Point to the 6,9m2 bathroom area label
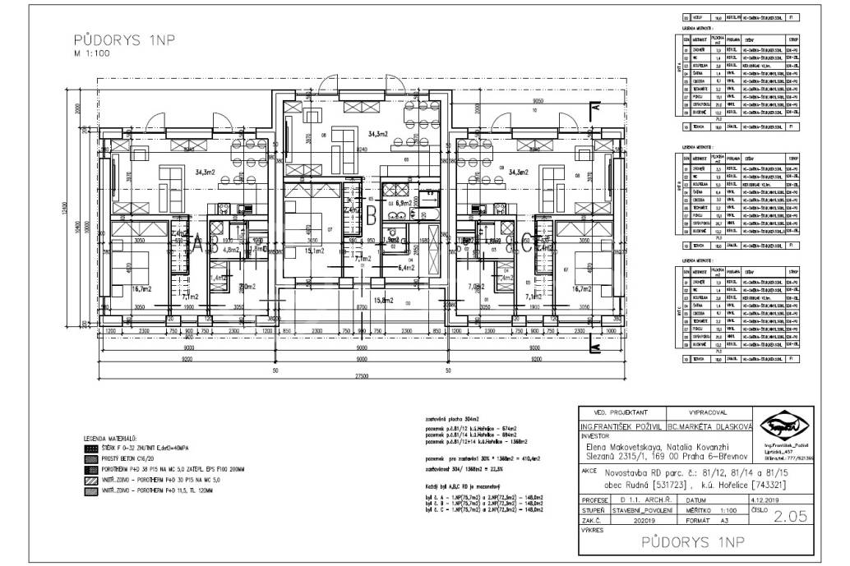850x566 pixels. click(403, 202)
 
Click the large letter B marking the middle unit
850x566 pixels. click(372, 217)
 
